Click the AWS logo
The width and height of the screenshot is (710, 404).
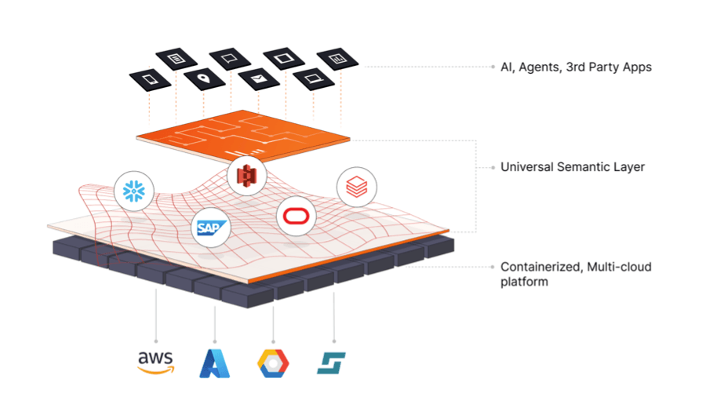[155, 362]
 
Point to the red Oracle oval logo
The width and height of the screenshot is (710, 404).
[296, 215]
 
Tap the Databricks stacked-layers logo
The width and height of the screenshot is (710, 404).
[357, 187]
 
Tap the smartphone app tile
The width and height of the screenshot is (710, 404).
[151, 79]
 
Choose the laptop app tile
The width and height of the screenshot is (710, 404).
[311, 78]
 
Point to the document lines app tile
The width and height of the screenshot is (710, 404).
[176, 59]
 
